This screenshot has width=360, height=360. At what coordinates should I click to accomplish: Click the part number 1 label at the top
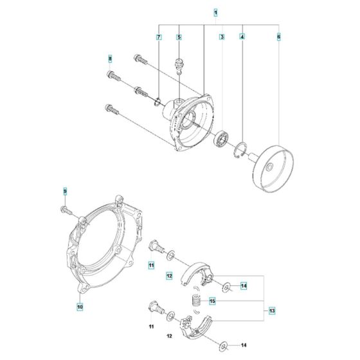point(215,12)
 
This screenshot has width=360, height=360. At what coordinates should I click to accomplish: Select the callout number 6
point(278,38)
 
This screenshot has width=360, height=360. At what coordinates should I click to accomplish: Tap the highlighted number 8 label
point(110,59)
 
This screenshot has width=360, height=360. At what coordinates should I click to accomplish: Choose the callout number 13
point(272,310)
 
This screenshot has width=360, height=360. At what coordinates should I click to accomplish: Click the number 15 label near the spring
point(212,301)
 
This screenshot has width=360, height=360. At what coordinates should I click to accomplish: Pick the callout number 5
point(179,38)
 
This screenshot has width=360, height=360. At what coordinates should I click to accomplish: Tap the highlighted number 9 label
point(65,191)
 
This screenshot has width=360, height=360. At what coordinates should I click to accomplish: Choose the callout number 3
point(221,38)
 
